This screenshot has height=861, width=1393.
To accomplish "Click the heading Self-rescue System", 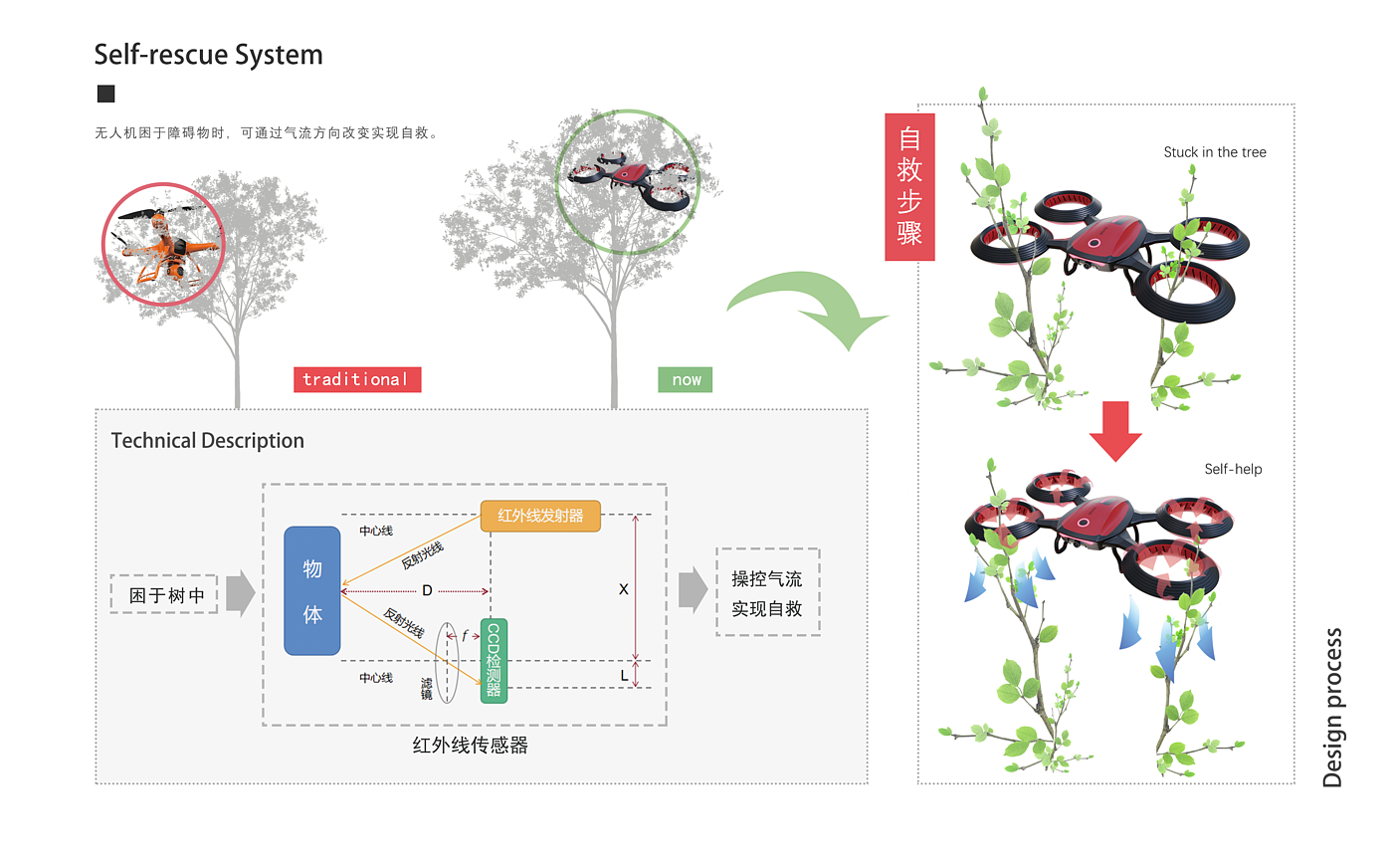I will point(208,54).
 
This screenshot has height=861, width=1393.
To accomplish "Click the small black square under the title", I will point(105,94).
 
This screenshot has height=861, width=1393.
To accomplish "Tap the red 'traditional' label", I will point(356,379).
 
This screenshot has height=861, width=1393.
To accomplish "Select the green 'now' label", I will point(685,379).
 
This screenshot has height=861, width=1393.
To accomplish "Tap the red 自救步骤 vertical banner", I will point(909,187).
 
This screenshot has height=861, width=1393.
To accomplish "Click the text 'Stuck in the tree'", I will point(1214,152).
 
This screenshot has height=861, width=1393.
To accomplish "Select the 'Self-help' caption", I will point(1233,469).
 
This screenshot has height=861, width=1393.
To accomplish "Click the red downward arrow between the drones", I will point(1114,430).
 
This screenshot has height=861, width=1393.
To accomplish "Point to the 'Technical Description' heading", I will point(207,440).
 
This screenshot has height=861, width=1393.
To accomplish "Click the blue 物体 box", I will point(312,590).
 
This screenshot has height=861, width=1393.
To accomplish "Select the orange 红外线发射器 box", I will point(540,516).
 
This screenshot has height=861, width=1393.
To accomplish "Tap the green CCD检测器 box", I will point(494,661).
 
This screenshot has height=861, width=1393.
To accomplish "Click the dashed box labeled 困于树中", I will point(164,594).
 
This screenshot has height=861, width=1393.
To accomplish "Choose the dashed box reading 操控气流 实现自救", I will point(767,592).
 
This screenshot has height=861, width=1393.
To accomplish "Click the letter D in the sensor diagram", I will point(427,591).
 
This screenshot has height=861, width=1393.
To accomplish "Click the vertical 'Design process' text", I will point(1332,707).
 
